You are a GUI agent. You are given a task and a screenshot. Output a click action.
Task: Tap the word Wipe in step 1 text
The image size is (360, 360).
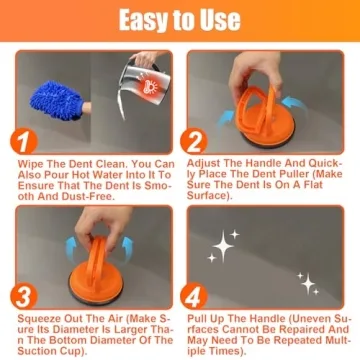[33, 162]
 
